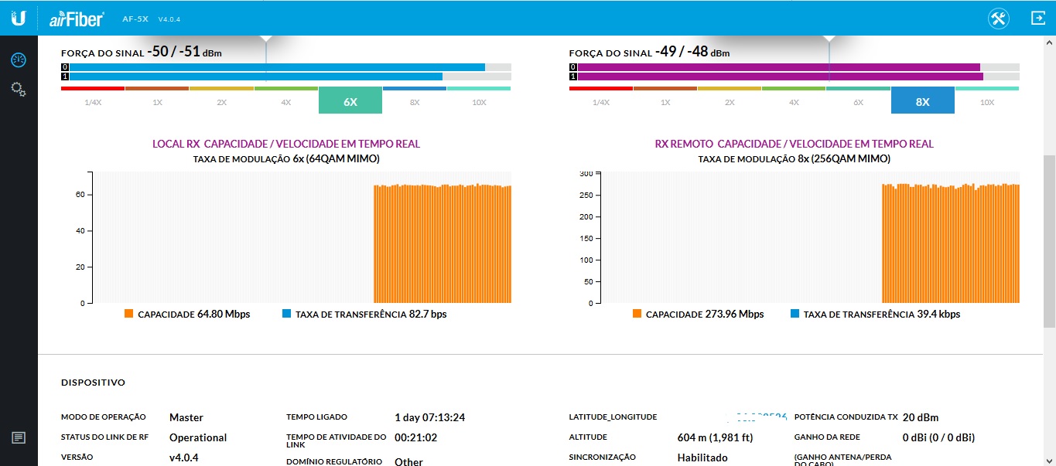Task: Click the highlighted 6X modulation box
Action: [x=350, y=101]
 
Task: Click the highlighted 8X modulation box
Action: [x=922, y=101]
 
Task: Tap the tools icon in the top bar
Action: [x=999, y=19]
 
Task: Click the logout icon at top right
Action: [x=1037, y=19]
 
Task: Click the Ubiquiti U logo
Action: [x=19, y=18]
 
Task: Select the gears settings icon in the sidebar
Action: [x=19, y=90]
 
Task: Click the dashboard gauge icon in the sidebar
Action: [x=19, y=60]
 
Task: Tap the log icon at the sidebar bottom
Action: [x=19, y=437]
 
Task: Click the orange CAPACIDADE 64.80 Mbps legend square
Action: [x=129, y=314]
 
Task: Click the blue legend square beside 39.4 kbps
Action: [x=795, y=314]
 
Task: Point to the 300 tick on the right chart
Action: [x=586, y=173]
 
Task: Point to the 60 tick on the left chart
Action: [x=79, y=195]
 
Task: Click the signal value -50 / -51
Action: [x=173, y=53]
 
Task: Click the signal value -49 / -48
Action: [x=681, y=53]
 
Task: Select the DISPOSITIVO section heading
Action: [x=93, y=383]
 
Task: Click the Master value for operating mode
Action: [x=186, y=417]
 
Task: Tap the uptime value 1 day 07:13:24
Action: [x=429, y=417]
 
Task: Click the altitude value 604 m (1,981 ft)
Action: [x=715, y=437]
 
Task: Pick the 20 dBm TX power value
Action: [x=920, y=417]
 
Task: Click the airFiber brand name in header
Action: [x=77, y=19]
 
